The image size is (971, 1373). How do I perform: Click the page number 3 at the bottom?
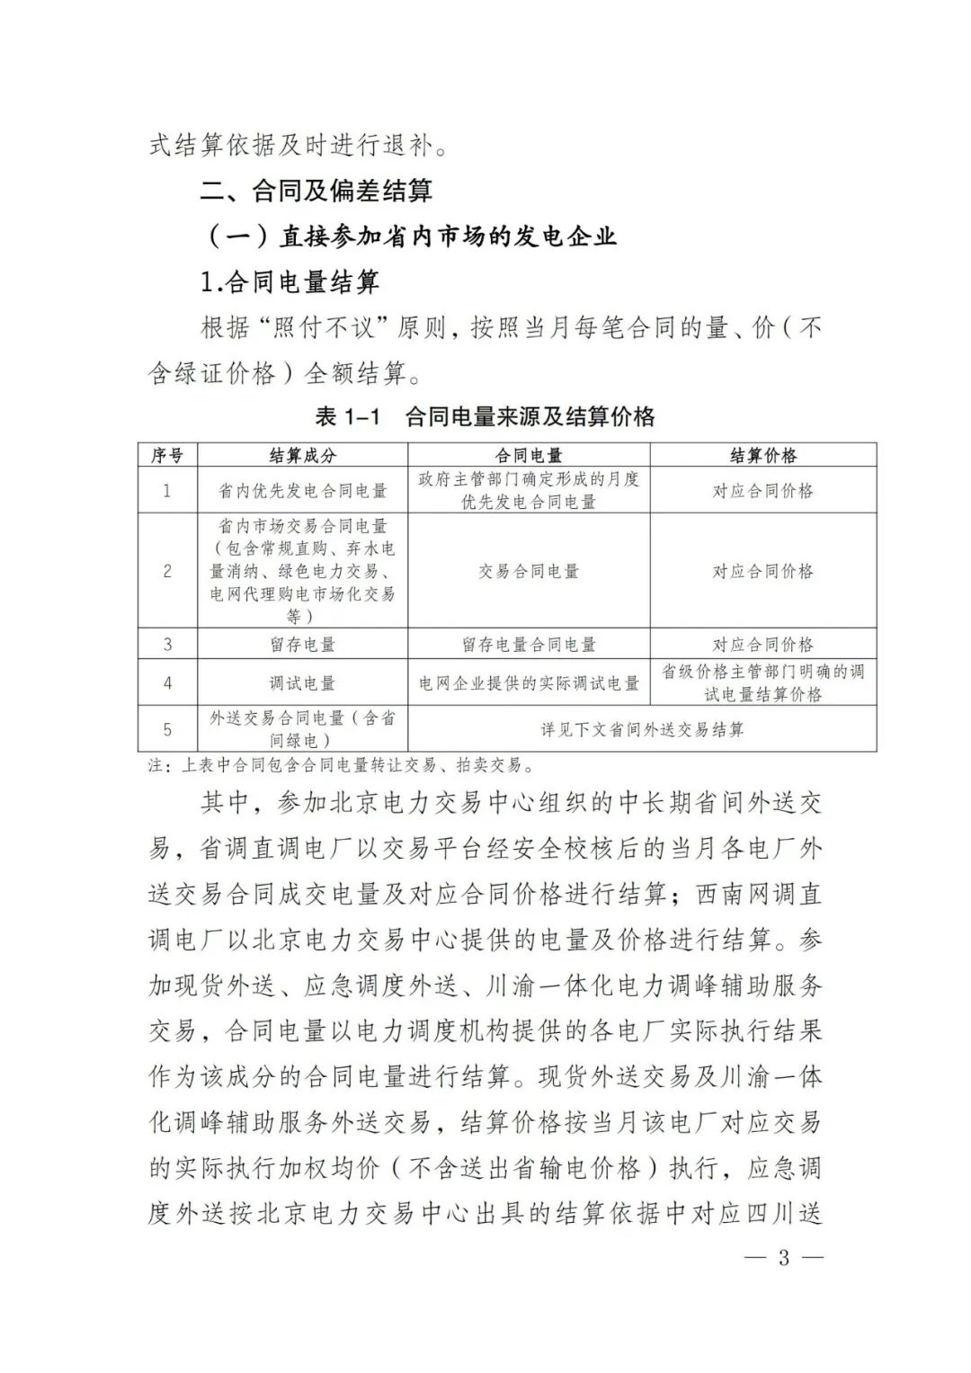coord(782,1257)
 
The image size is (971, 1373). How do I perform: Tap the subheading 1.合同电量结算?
coord(290,282)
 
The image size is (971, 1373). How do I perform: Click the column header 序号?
coord(167,456)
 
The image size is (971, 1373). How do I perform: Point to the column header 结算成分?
coord(302,456)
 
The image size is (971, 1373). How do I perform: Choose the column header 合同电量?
coord(529,456)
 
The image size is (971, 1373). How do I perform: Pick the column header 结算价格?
coord(762,456)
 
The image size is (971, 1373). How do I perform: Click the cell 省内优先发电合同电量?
coord(302,491)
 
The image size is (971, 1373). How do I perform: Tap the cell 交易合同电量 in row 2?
coord(529,571)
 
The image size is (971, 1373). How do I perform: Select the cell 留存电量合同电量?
coord(529,645)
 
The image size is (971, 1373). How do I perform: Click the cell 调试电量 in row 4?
coord(302,683)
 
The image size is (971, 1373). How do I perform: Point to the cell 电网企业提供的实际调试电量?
coord(529,683)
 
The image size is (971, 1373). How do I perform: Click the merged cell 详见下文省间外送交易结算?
coord(642,729)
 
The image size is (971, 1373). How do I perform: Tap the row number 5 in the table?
coord(167,729)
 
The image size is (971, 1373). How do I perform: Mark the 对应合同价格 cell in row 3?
coord(762,645)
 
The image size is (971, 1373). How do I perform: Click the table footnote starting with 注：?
coord(342,766)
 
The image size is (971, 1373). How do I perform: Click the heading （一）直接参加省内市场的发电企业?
coord(412,236)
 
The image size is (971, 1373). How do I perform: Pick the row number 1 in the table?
coord(167,491)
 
